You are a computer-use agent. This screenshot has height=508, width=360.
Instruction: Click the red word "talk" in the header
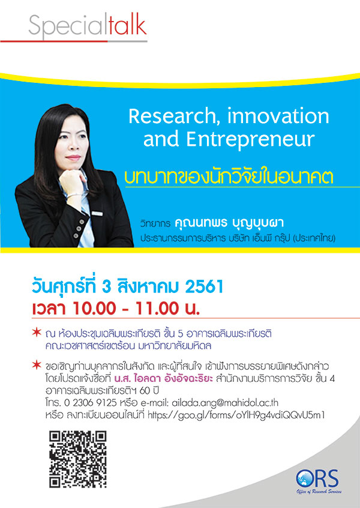(128, 26)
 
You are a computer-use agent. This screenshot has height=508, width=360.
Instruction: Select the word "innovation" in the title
(278, 116)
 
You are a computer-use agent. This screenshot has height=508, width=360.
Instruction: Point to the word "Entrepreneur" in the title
(250, 139)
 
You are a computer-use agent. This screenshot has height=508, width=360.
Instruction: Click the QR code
(77, 459)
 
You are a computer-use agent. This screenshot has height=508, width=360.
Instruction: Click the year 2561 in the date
(205, 286)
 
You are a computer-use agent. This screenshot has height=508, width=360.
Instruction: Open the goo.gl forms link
(236, 416)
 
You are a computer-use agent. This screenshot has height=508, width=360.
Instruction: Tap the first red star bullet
(37, 333)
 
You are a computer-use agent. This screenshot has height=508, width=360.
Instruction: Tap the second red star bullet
(37, 366)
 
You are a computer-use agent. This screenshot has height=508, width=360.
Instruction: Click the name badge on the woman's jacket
(97, 213)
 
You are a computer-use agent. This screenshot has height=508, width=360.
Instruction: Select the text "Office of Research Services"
(319, 492)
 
